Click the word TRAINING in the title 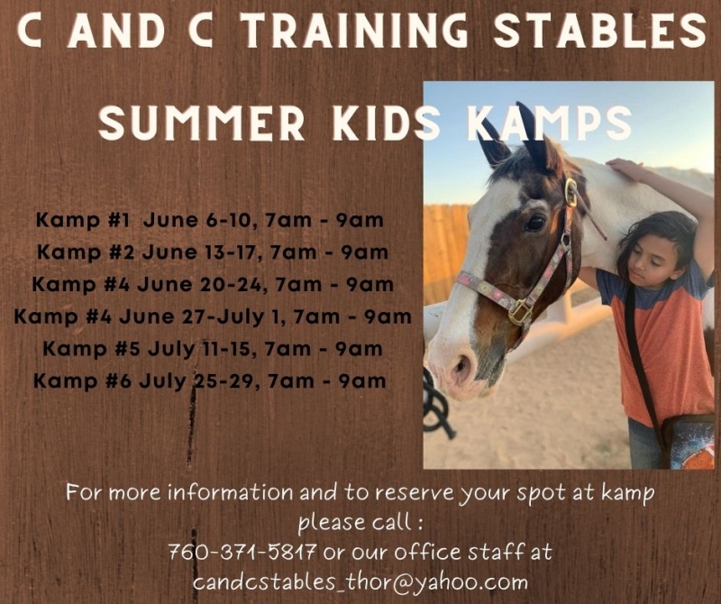coord(353,30)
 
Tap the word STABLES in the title coord(601,30)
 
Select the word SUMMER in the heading coord(201,123)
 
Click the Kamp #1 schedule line coord(210,220)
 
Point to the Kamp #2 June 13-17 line coord(213,252)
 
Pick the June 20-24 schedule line coord(213,285)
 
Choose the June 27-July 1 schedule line coord(213,317)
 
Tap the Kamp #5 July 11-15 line coord(213,349)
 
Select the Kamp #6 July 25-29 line coord(210,381)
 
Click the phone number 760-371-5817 coord(242,551)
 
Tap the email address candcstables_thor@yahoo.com coord(360,582)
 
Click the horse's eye coord(534,223)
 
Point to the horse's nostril coord(461,365)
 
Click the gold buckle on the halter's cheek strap coord(571,192)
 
